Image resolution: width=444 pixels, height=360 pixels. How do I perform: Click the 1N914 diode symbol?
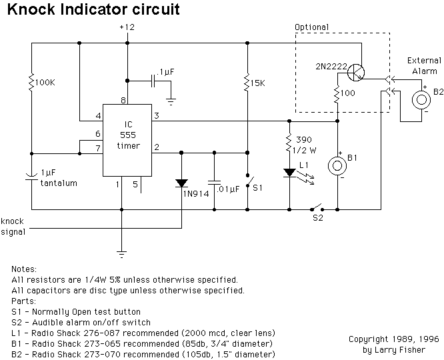point(181,182)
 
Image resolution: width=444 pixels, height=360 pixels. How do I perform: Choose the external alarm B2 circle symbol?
point(421,100)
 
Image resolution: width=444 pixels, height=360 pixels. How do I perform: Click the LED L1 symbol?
point(290,173)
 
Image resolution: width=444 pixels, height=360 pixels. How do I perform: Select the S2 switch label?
point(319,217)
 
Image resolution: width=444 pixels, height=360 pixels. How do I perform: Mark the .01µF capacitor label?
point(229,189)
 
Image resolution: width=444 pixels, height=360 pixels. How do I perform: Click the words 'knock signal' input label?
point(13,226)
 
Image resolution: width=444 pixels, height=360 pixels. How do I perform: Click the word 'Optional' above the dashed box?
point(312,27)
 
